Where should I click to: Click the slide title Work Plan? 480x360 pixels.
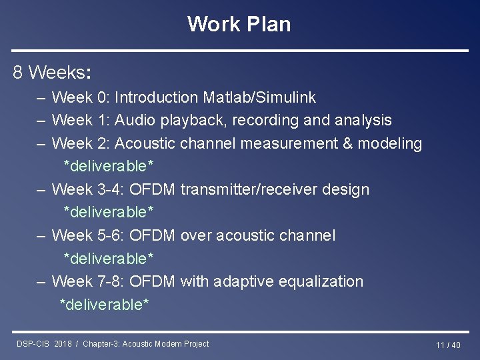(x=239, y=24)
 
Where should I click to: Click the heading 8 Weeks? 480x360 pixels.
(x=52, y=72)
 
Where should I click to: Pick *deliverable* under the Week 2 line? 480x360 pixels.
(x=109, y=166)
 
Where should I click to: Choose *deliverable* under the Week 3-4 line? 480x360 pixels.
(x=109, y=212)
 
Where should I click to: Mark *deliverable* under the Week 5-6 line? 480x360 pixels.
(x=109, y=258)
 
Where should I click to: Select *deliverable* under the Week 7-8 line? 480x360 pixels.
(x=105, y=305)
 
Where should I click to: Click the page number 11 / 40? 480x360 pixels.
(x=448, y=345)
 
